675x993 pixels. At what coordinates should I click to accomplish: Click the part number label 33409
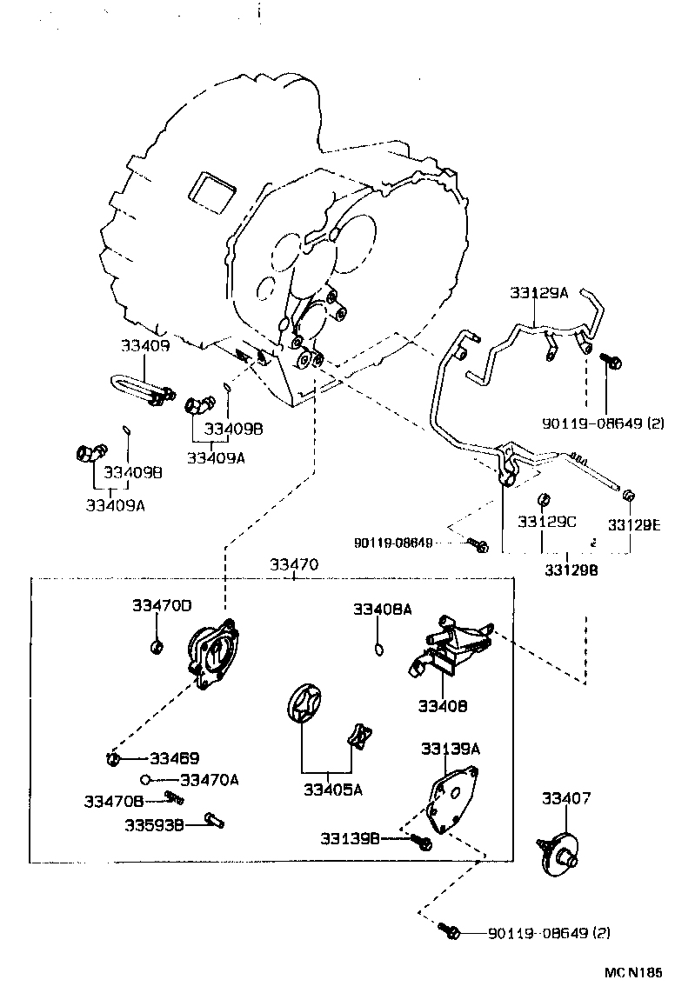tap(145, 345)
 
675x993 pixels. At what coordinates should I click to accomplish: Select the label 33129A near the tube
tap(538, 293)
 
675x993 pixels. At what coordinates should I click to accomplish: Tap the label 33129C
tap(546, 522)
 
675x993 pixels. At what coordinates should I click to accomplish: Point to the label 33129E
tap(634, 524)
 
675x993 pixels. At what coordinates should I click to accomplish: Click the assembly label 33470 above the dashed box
tap(293, 564)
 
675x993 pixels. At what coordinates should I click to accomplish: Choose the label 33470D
tap(162, 605)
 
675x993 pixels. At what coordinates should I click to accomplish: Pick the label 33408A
tap(382, 610)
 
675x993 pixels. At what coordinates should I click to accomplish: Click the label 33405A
tap(333, 790)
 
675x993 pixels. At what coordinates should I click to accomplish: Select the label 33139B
tap(350, 839)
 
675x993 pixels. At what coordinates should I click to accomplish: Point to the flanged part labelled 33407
tap(560, 851)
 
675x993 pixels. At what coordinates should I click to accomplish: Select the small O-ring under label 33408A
tap(378, 647)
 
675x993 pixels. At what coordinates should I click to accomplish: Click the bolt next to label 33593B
tap(214, 818)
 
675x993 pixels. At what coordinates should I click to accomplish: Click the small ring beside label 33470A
tap(147, 779)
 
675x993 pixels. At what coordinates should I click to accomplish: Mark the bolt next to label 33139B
tap(423, 842)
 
